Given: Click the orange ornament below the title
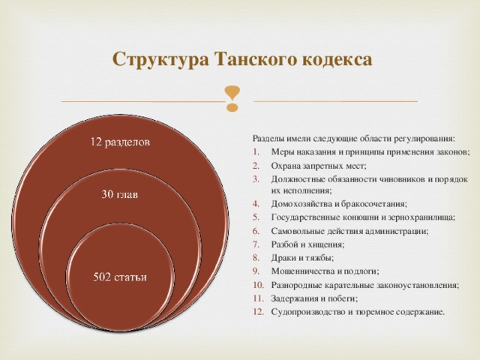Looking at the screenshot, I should (x=233, y=99).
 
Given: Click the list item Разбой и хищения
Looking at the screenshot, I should (x=308, y=244).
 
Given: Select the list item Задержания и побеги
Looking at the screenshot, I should (x=315, y=298).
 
